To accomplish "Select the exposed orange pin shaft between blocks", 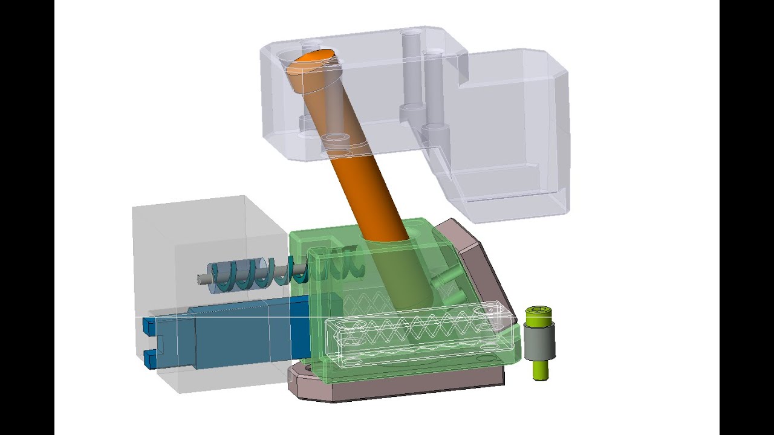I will pyautogui.click(x=369, y=187).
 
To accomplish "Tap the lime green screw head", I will pyautogui.click(x=539, y=315).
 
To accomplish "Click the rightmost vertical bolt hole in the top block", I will pyautogui.click(x=434, y=91).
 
